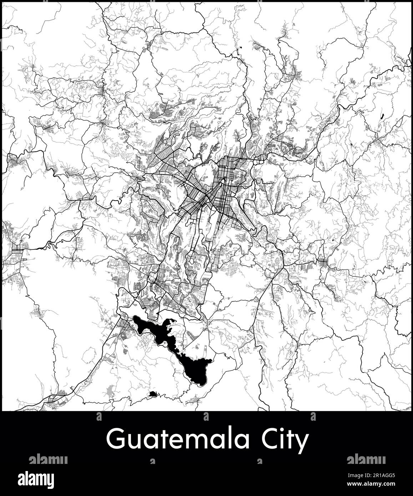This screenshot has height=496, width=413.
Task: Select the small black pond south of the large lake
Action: click(x=153, y=394)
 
